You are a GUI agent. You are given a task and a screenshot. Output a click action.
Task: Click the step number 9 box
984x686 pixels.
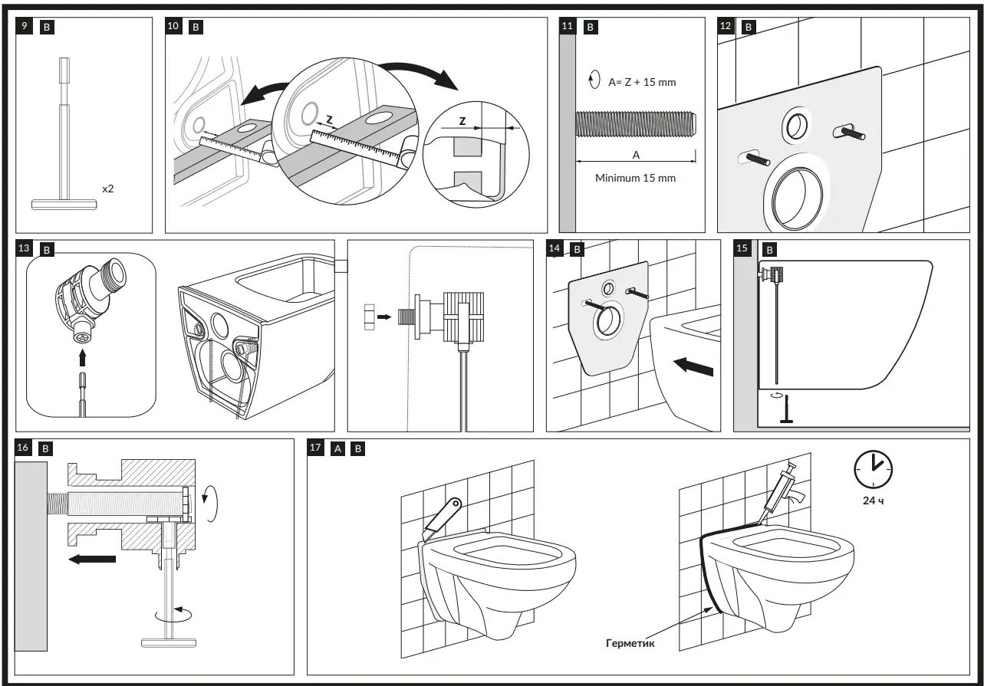25,27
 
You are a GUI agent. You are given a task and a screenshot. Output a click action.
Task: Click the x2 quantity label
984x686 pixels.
108,188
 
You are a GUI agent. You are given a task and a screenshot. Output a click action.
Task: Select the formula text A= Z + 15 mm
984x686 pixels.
642,82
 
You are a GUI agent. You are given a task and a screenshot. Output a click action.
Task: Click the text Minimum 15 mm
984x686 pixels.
635,178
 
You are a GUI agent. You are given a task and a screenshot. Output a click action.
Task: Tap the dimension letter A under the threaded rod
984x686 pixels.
635,155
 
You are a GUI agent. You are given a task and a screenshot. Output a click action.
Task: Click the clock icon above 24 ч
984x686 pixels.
873,467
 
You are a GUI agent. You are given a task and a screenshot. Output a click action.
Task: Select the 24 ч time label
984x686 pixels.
873,501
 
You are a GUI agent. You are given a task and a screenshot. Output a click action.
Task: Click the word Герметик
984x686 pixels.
630,644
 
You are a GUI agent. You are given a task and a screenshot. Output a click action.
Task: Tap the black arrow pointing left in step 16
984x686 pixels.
91,560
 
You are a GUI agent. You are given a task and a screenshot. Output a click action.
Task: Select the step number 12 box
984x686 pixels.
726,27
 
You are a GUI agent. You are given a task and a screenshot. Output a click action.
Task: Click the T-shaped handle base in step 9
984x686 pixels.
64,204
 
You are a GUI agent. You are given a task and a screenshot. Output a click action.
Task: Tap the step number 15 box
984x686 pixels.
742,249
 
